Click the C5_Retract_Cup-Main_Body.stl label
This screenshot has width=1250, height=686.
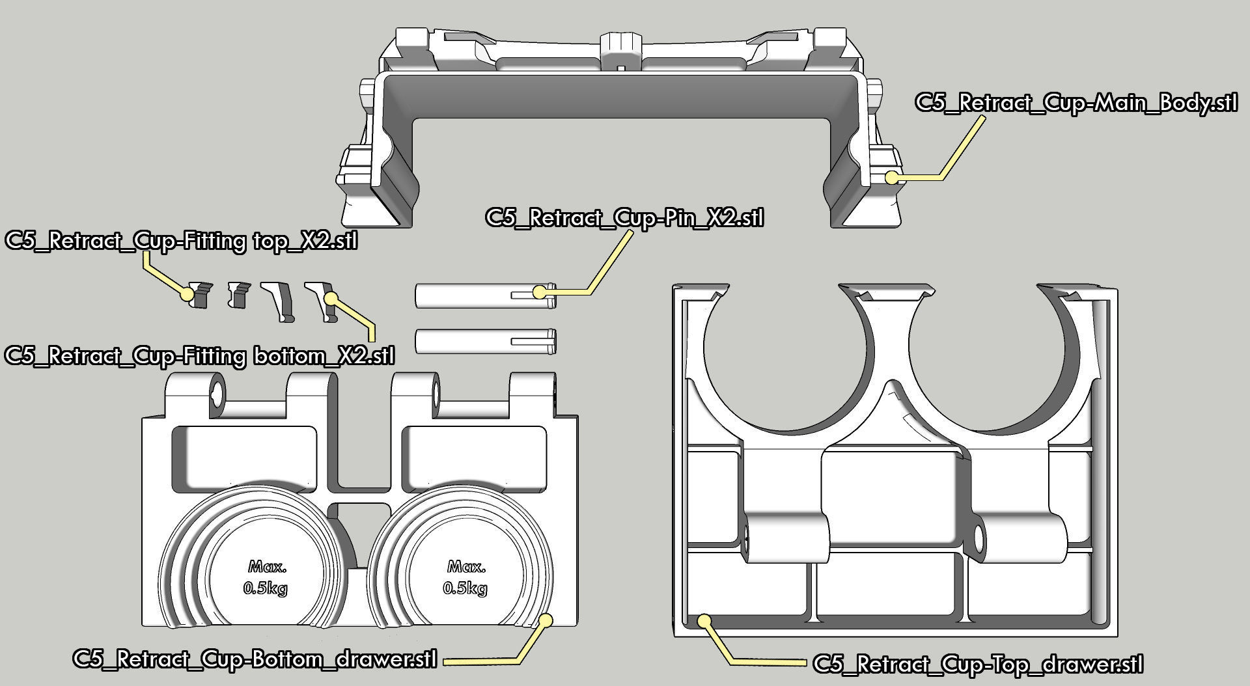pos(1076,103)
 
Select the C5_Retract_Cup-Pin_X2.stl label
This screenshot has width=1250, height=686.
pos(624,217)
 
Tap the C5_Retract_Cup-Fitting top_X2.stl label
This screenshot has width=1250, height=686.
pos(182,241)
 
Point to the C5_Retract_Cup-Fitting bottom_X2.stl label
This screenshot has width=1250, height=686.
pos(199,356)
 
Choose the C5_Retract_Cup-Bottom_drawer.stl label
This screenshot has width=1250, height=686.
pos(255,658)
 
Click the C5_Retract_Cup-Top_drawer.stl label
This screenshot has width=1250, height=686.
pos(978,665)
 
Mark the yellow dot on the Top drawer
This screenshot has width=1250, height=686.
pos(704,620)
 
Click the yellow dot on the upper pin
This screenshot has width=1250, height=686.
pos(539,292)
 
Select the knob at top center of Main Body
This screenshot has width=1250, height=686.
pos(620,46)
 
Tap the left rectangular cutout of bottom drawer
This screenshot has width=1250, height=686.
pos(244,456)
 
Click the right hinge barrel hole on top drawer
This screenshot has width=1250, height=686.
pos(978,538)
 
